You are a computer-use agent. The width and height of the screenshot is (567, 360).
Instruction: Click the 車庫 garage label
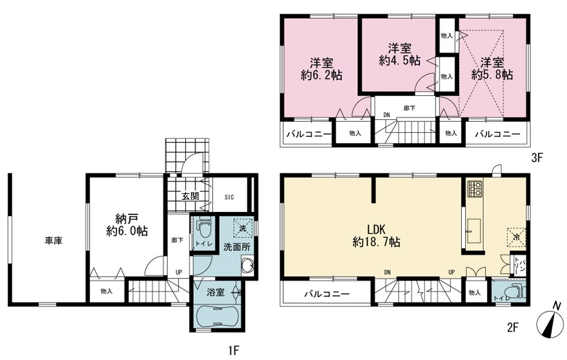[x=53, y=241]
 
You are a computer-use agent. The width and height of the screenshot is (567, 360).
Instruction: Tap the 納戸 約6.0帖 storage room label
[x=127, y=225]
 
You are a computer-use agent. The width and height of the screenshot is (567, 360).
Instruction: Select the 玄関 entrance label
[x=190, y=197]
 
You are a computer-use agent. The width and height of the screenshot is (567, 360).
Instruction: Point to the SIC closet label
[x=229, y=197]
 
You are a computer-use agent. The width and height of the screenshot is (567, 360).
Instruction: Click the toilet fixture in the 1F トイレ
[x=201, y=228]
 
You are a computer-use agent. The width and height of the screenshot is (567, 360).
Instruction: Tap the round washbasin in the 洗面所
[x=248, y=265]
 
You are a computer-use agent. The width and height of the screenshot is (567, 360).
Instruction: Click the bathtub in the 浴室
[x=217, y=315]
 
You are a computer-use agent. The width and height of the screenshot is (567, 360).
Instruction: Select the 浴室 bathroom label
[x=216, y=292]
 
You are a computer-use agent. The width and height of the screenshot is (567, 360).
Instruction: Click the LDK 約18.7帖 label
[x=377, y=235]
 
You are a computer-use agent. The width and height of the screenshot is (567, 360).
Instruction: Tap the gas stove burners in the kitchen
[x=475, y=189]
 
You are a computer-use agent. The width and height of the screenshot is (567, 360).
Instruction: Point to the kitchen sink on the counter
[x=474, y=231]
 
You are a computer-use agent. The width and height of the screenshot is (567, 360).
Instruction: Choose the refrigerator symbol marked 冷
[x=516, y=237]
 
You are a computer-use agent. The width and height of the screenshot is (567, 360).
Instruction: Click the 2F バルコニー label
[x=327, y=294]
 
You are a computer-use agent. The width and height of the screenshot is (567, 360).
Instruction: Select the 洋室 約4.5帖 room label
[x=400, y=55]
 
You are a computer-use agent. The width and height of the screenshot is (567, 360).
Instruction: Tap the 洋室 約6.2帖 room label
[x=321, y=69]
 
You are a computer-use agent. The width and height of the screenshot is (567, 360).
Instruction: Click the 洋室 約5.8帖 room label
[x=492, y=68]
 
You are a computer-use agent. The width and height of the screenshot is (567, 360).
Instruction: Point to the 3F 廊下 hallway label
[x=410, y=107]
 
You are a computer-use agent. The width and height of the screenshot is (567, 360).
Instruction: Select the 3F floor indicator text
[x=536, y=158]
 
